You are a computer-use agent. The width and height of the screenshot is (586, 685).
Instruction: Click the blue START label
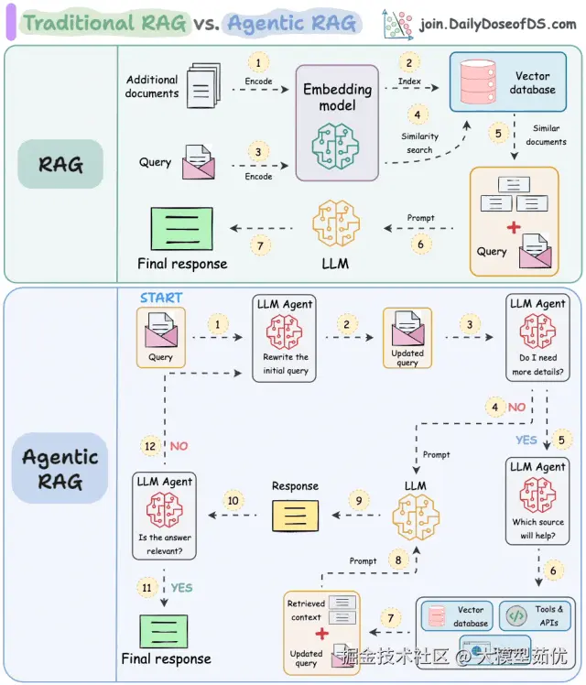161,298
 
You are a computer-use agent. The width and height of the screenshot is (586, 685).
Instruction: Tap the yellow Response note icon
295,516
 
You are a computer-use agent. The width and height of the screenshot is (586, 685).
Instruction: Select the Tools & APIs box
537,615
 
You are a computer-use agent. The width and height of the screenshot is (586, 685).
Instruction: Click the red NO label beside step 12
179,446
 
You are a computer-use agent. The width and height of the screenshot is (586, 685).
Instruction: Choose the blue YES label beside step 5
526,440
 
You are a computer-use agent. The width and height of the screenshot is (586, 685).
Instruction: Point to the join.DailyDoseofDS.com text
497,24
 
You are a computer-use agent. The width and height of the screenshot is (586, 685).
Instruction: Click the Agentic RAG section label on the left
59,469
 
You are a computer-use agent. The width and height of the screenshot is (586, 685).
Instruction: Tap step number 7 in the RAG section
260,246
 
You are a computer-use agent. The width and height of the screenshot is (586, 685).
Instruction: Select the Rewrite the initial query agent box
285,337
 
